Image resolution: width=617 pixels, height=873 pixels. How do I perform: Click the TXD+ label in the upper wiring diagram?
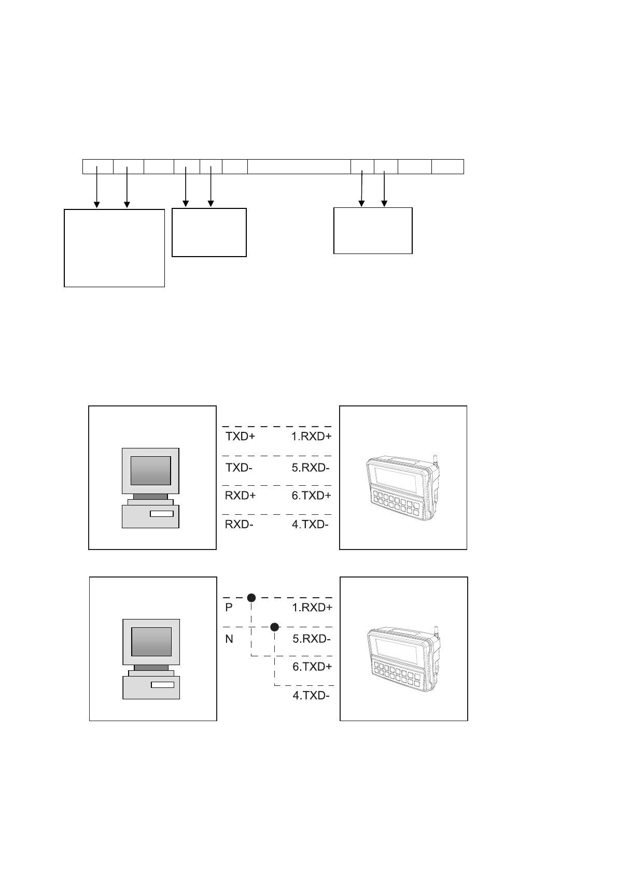(x=240, y=436)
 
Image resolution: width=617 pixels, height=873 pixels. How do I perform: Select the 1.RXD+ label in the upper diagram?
(x=311, y=436)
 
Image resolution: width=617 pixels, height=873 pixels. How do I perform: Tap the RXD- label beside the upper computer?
(x=239, y=524)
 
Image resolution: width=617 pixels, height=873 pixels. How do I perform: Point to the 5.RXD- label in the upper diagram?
(x=311, y=468)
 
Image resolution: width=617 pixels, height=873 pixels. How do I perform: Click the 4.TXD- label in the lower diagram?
(x=311, y=696)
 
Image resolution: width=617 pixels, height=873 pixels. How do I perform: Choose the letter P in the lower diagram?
(x=229, y=608)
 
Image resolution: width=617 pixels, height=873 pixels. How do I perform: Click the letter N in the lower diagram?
(x=229, y=639)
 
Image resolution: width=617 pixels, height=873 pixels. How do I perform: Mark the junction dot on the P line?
(x=251, y=598)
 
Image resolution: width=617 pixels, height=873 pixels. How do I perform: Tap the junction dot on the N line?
(x=274, y=627)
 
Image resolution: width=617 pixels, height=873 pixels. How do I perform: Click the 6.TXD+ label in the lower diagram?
(x=312, y=667)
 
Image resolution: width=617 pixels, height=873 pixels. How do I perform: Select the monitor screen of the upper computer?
(x=150, y=470)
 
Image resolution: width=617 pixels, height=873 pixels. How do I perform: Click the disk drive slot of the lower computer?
(x=163, y=685)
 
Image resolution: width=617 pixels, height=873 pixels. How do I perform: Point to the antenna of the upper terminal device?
(x=436, y=460)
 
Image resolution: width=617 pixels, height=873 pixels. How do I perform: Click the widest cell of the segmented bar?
(x=299, y=167)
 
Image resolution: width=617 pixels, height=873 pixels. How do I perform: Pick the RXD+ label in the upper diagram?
(x=240, y=495)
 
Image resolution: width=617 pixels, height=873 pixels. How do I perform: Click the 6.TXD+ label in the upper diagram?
(x=311, y=496)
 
